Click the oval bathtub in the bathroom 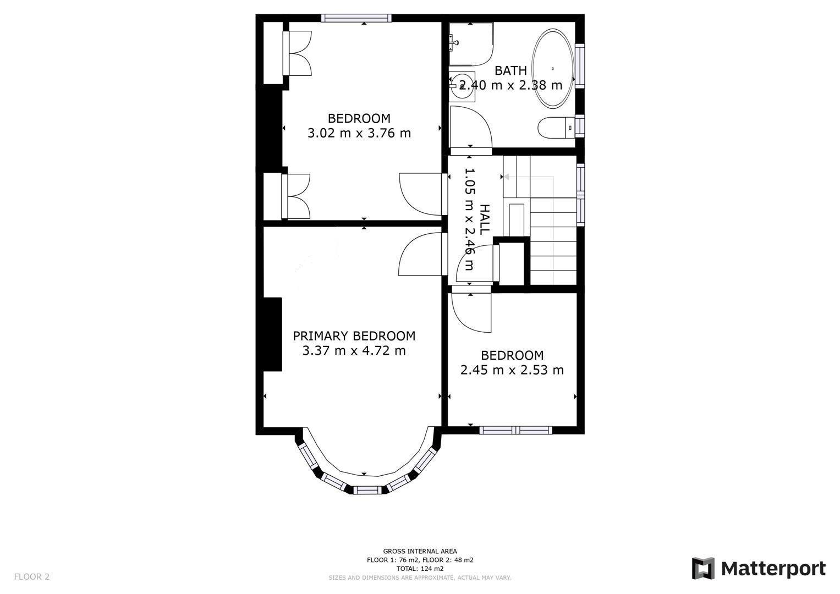tap(552, 69)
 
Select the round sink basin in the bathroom tap(462, 86)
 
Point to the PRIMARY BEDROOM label tap(354, 335)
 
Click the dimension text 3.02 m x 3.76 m tap(359, 133)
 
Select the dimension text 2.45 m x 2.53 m tap(512, 370)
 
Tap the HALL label tap(484, 219)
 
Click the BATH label tap(510, 70)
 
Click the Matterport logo tap(759, 568)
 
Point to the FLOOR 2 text tap(31, 576)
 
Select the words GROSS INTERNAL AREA tap(420, 551)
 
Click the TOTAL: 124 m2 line tap(420, 569)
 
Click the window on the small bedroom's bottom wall tap(515, 430)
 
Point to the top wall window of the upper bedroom tap(356, 18)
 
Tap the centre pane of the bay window tap(366, 490)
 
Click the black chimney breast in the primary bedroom tap(272, 334)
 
